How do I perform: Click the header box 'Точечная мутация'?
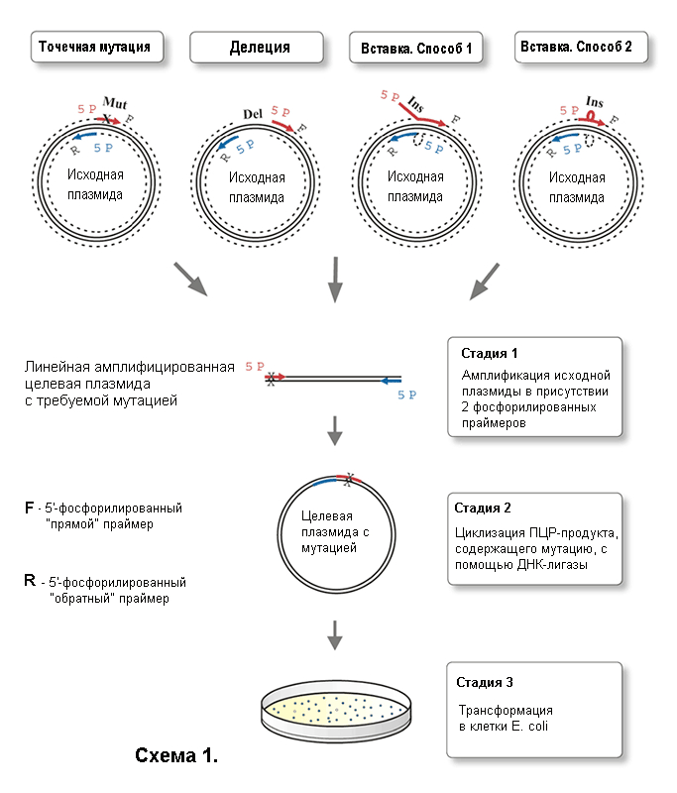coord(94,47)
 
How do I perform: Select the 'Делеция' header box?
coord(259,48)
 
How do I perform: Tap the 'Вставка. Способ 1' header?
coord(416,48)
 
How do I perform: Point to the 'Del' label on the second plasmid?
coord(253,115)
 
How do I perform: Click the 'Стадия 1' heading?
coord(490,353)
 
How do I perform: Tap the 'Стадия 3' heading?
coord(484,683)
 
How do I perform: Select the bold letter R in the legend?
coord(30,582)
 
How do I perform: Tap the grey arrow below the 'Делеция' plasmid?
coord(335,279)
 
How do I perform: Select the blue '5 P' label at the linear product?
coord(406,395)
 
